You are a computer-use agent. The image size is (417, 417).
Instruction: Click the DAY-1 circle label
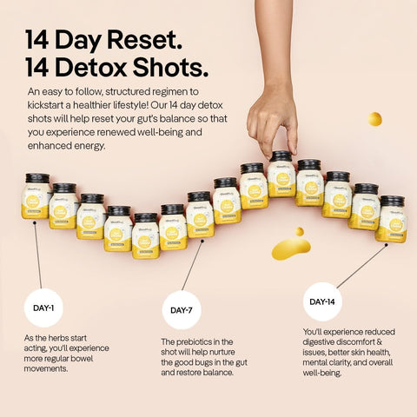point(43,307)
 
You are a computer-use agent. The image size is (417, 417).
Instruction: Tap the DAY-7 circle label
point(182,310)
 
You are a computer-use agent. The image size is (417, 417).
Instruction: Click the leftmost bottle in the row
point(36,196)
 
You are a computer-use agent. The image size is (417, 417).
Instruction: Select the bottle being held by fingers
point(280,174)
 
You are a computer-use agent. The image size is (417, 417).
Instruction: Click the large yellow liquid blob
point(290,249)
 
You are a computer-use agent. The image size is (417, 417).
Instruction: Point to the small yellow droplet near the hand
point(374,119)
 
